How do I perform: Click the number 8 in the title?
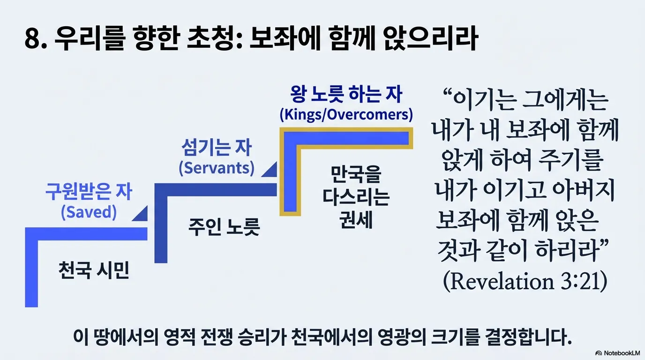click(32, 39)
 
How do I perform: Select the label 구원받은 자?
click(89, 192)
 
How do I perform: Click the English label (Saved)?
click(89, 212)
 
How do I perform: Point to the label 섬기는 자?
click(217, 147)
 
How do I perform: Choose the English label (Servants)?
click(217, 168)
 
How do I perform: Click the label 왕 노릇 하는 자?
click(346, 94)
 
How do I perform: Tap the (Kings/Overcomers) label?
click(346, 115)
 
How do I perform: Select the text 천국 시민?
click(94, 270)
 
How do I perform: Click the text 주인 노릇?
click(224, 227)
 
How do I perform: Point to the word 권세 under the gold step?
click(356, 220)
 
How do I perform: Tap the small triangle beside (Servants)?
click(270, 170)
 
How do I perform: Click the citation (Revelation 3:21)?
click(525, 281)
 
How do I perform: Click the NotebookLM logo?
click(618, 353)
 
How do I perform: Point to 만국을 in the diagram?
click(356, 174)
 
